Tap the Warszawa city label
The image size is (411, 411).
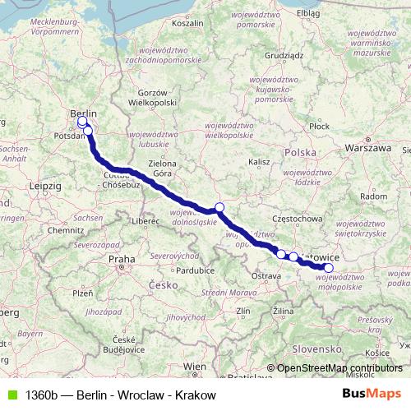click(x=369, y=149)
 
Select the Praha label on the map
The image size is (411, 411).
click(x=121, y=259)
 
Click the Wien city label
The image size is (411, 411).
click(x=196, y=366)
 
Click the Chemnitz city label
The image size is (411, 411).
click(x=60, y=231)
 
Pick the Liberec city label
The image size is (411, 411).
click(x=149, y=221)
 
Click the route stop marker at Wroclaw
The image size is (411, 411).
click(x=219, y=208)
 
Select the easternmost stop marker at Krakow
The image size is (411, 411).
click(x=329, y=267)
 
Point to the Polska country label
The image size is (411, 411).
click(x=299, y=153)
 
